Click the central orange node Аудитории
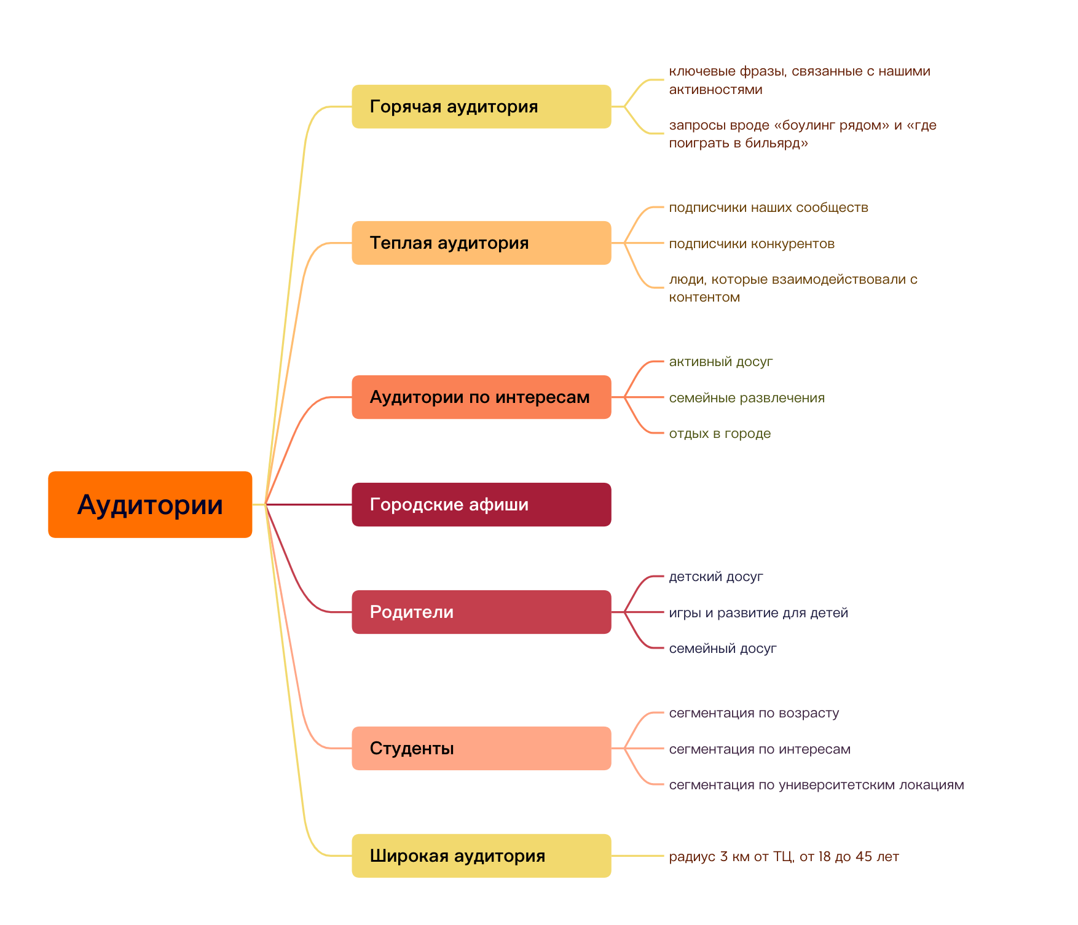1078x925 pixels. (150, 504)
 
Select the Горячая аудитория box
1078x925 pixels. (481, 107)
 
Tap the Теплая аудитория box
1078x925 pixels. (481, 243)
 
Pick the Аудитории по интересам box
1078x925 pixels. (481, 397)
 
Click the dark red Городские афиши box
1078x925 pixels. (481, 505)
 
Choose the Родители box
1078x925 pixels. (481, 612)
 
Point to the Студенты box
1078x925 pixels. (481, 749)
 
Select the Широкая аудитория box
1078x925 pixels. (481, 856)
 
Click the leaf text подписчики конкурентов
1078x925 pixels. (751, 244)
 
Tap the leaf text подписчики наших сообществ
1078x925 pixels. (768, 208)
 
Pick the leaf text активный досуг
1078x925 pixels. (720, 362)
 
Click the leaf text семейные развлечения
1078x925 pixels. (746, 398)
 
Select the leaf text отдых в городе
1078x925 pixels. (719, 434)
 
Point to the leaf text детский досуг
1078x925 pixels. (715, 577)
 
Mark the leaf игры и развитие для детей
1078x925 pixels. (758, 613)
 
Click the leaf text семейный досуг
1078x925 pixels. (722, 649)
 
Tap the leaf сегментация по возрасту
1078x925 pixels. (753, 713)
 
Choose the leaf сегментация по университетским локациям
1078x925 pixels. (816, 785)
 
